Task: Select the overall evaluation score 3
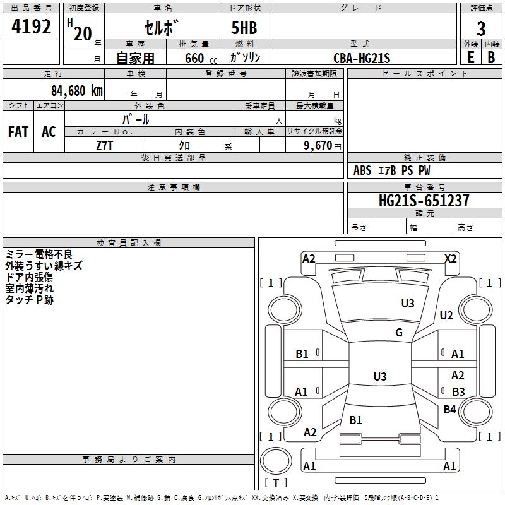click(481, 28)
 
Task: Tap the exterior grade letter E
click(470, 57)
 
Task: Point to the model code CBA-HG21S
click(362, 58)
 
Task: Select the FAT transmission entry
click(18, 131)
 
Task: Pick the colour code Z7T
click(104, 146)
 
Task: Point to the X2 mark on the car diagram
click(450, 258)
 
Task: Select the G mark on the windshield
click(399, 333)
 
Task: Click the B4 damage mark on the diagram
click(449, 410)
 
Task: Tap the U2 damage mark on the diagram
click(446, 316)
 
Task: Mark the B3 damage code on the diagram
click(458, 392)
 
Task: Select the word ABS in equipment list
click(362, 170)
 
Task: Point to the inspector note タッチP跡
click(30, 300)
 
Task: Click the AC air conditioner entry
click(49, 131)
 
